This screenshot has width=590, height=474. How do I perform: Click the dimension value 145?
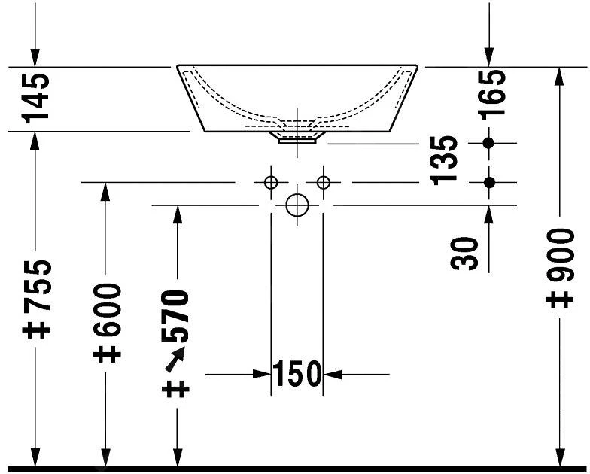click(36, 98)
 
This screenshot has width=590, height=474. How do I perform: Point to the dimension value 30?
click(464, 254)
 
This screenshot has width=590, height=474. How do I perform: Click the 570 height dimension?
click(175, 316)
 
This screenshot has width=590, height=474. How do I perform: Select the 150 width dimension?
click(297, 374)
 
